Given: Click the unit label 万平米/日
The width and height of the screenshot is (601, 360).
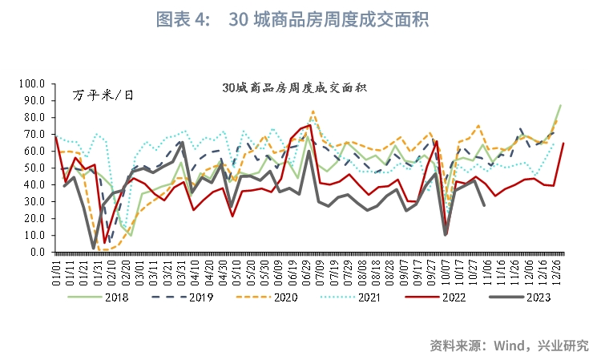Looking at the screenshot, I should click(103, 95).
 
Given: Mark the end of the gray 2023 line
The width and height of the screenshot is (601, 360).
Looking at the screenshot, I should click(484, 205).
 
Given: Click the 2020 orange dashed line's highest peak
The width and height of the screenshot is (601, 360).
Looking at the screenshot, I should click(313, 111).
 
